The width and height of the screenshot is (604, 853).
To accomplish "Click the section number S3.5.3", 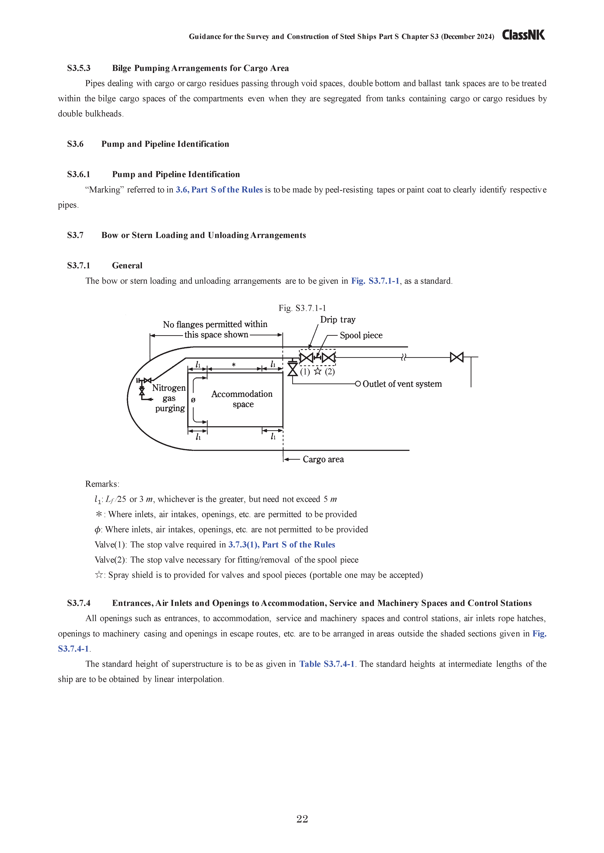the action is point(79,68).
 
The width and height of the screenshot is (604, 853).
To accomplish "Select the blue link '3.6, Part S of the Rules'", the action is point(219,190).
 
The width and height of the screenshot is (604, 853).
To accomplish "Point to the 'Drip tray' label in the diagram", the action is point(338,320).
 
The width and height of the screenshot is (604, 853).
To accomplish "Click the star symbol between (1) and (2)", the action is point(317,371).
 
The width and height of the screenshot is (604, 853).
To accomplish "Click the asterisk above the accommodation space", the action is point(234,365).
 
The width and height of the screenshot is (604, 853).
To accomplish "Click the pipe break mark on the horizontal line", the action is point(404,357).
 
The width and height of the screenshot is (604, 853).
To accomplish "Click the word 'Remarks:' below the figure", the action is point(102,484).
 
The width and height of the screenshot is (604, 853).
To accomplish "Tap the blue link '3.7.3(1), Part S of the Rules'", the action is point(282,544).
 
